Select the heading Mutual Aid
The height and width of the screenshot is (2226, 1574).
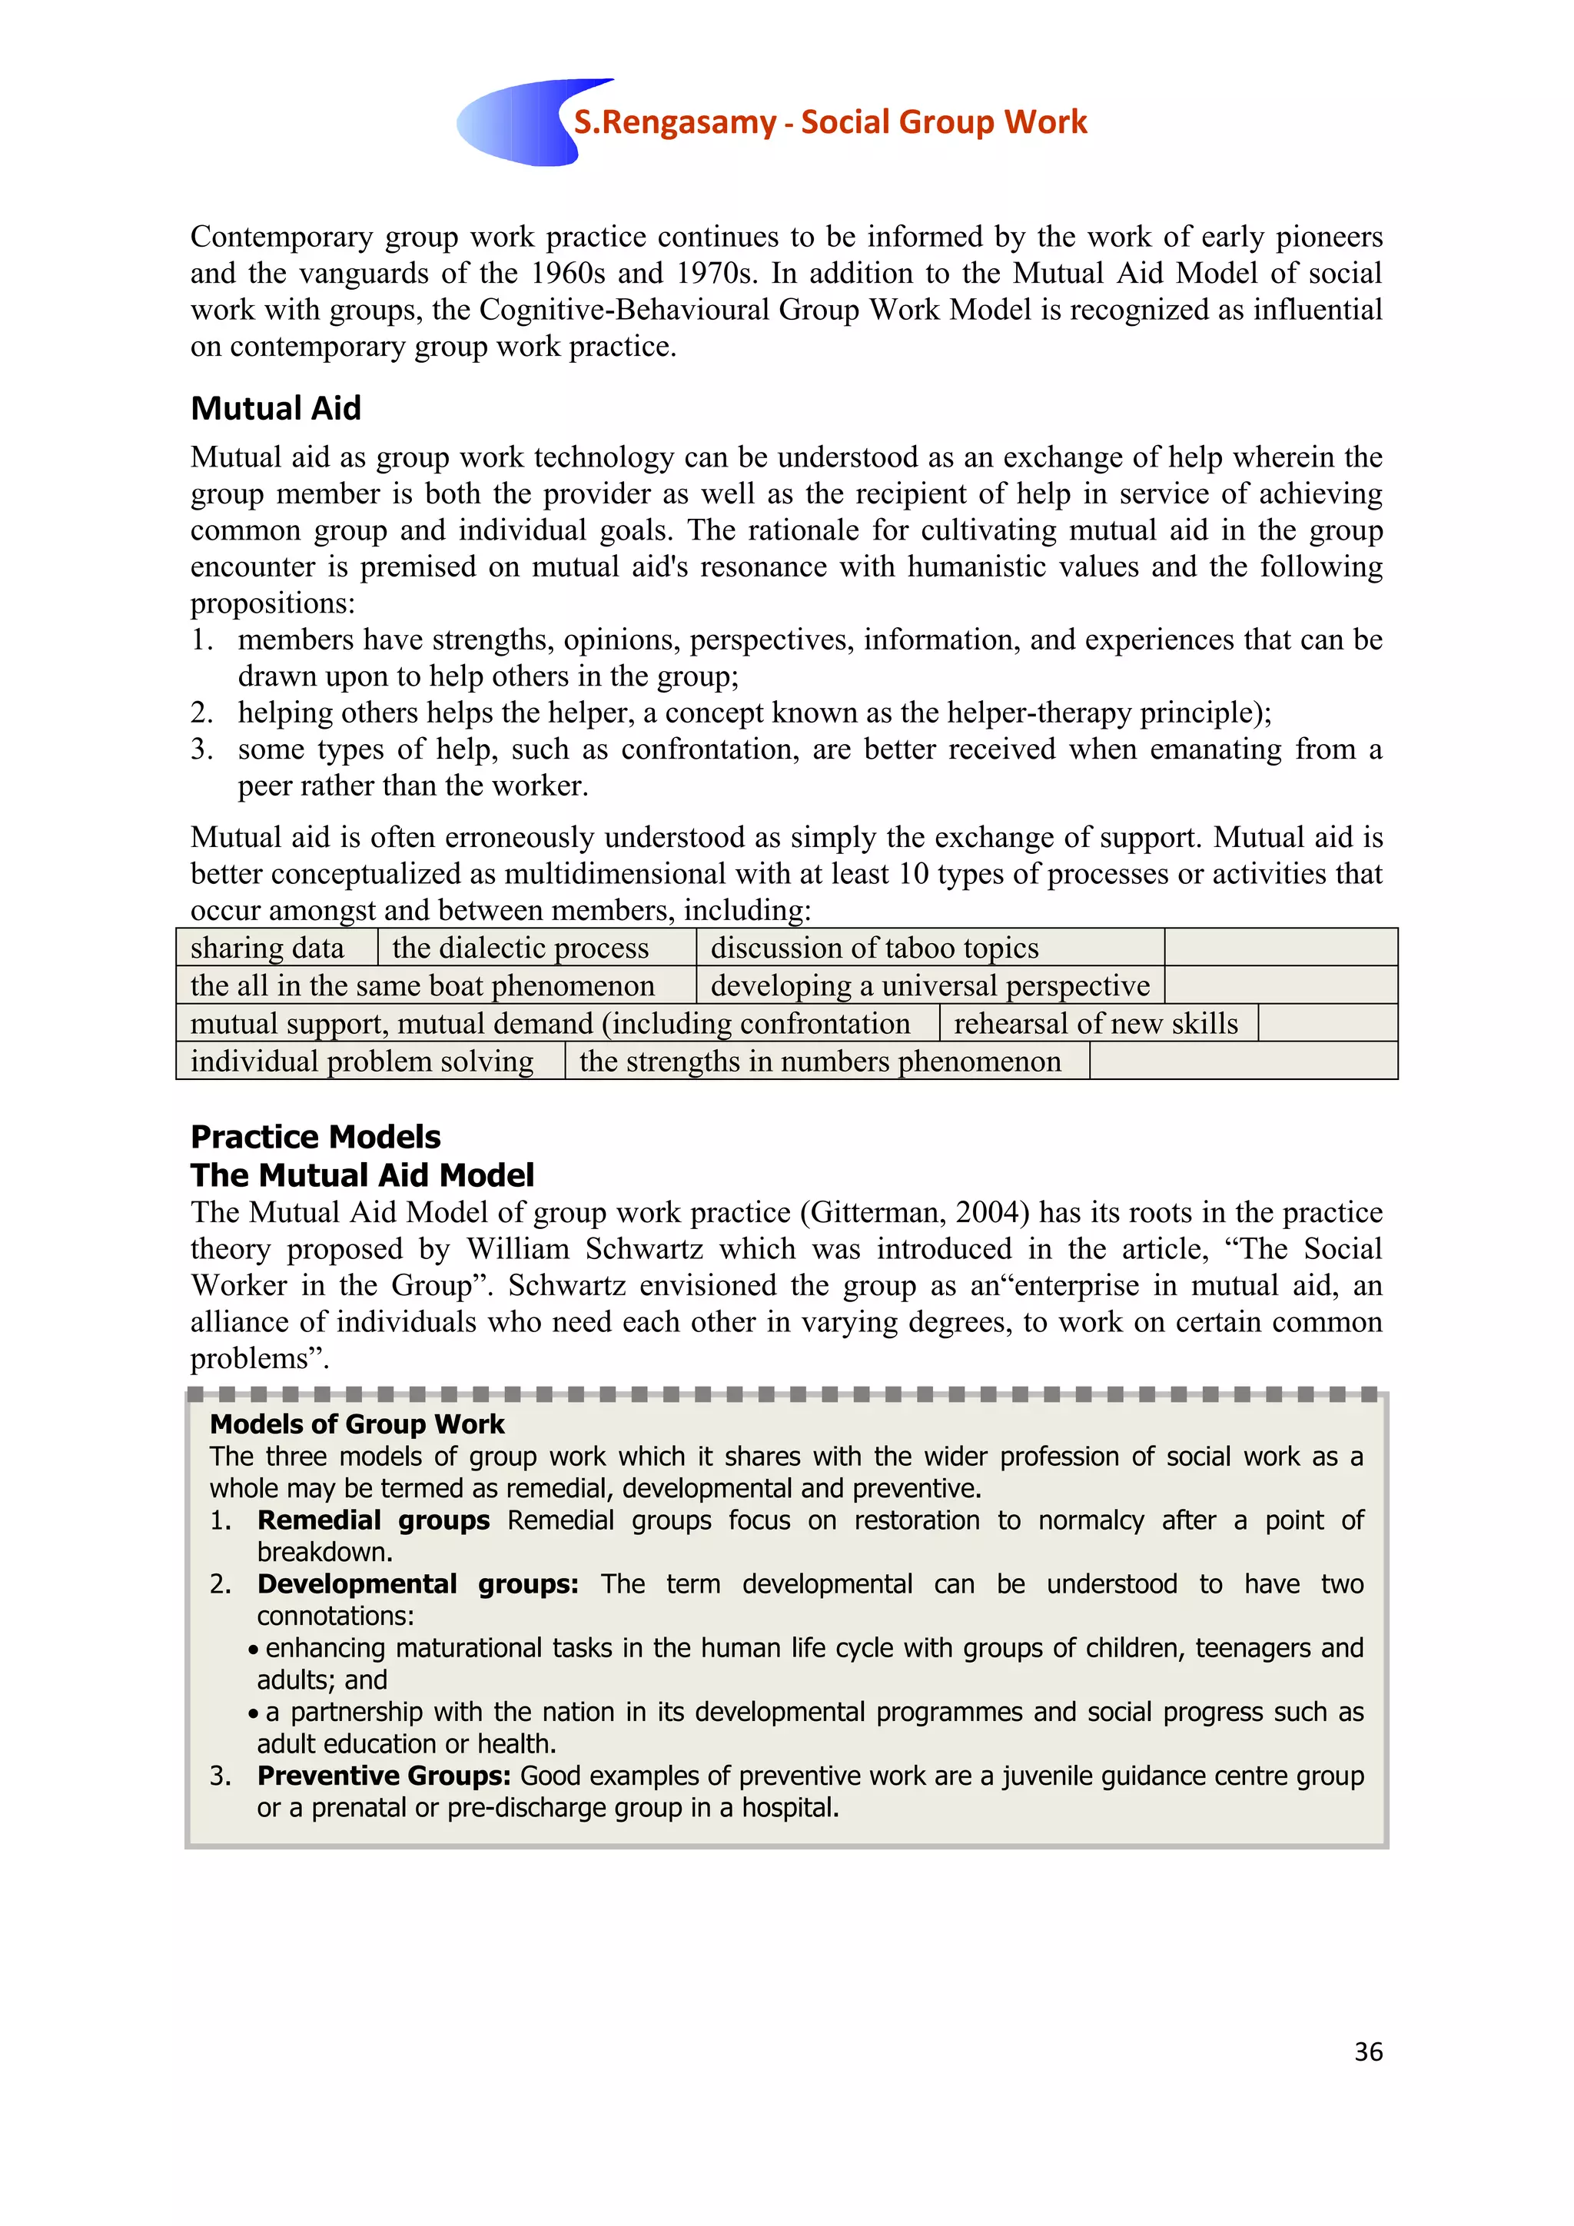(275, 408)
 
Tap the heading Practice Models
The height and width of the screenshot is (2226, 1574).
(315, 1136)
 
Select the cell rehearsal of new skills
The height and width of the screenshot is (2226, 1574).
(1095, 1024)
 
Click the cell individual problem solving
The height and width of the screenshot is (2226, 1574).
(361, 1062)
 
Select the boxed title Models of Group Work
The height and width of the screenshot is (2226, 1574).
(357, 1424)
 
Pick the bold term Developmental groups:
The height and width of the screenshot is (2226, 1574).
(418, 1584)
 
